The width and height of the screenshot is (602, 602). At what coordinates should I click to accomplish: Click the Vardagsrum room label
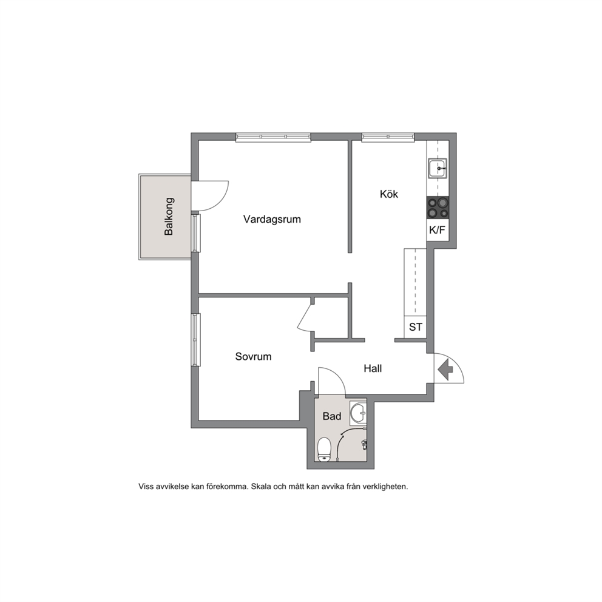pos(272,220)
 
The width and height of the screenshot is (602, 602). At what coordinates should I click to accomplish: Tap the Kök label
pos(389,194)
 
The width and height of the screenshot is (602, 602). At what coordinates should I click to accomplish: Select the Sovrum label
pos(254,357)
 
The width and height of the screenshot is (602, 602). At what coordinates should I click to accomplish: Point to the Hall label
pos(373,368)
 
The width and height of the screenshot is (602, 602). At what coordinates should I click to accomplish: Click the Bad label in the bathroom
pos(332,416)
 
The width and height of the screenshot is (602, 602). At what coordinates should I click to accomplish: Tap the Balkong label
pos(169,216)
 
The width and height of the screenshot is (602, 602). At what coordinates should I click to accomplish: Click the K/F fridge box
pos(438,230)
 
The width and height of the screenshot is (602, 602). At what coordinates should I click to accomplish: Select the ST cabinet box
pos(416,327)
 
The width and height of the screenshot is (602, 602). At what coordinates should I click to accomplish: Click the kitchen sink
pos(438,168)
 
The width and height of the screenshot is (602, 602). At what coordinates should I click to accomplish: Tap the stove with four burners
pos(438,208)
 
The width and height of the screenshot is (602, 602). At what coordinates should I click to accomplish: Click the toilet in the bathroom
pos(325,449)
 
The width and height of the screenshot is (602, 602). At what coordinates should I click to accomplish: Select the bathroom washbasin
pos(358,413)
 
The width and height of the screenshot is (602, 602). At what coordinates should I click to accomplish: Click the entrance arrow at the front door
pos(445,370)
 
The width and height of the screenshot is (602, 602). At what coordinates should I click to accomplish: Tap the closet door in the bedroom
pos(306,316)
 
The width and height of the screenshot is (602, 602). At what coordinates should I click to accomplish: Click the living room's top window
pos(273,137)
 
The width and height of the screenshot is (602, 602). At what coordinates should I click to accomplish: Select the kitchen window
pos(388,137)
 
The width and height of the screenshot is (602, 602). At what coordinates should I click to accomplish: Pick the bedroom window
pos(196,340)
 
